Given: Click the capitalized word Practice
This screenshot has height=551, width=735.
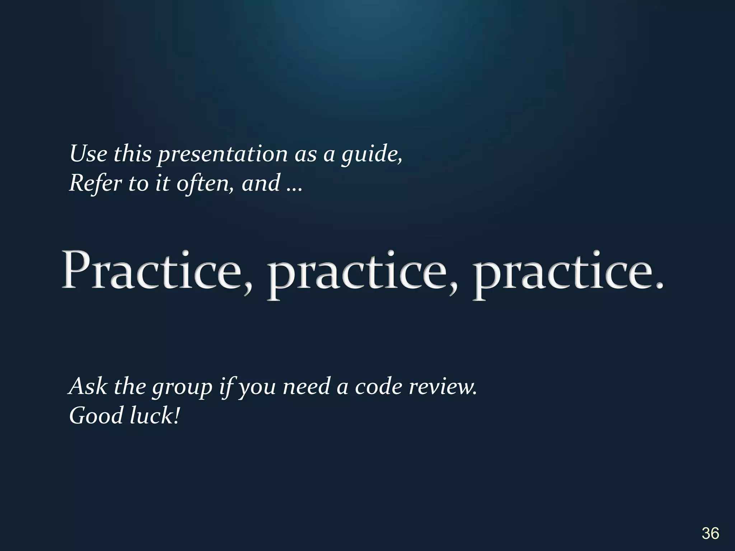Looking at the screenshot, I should click(x=153, y=271).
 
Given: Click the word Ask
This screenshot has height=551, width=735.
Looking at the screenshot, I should click(x=88, y=387).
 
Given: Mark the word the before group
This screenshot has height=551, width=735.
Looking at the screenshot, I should click(x=130, y=387).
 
